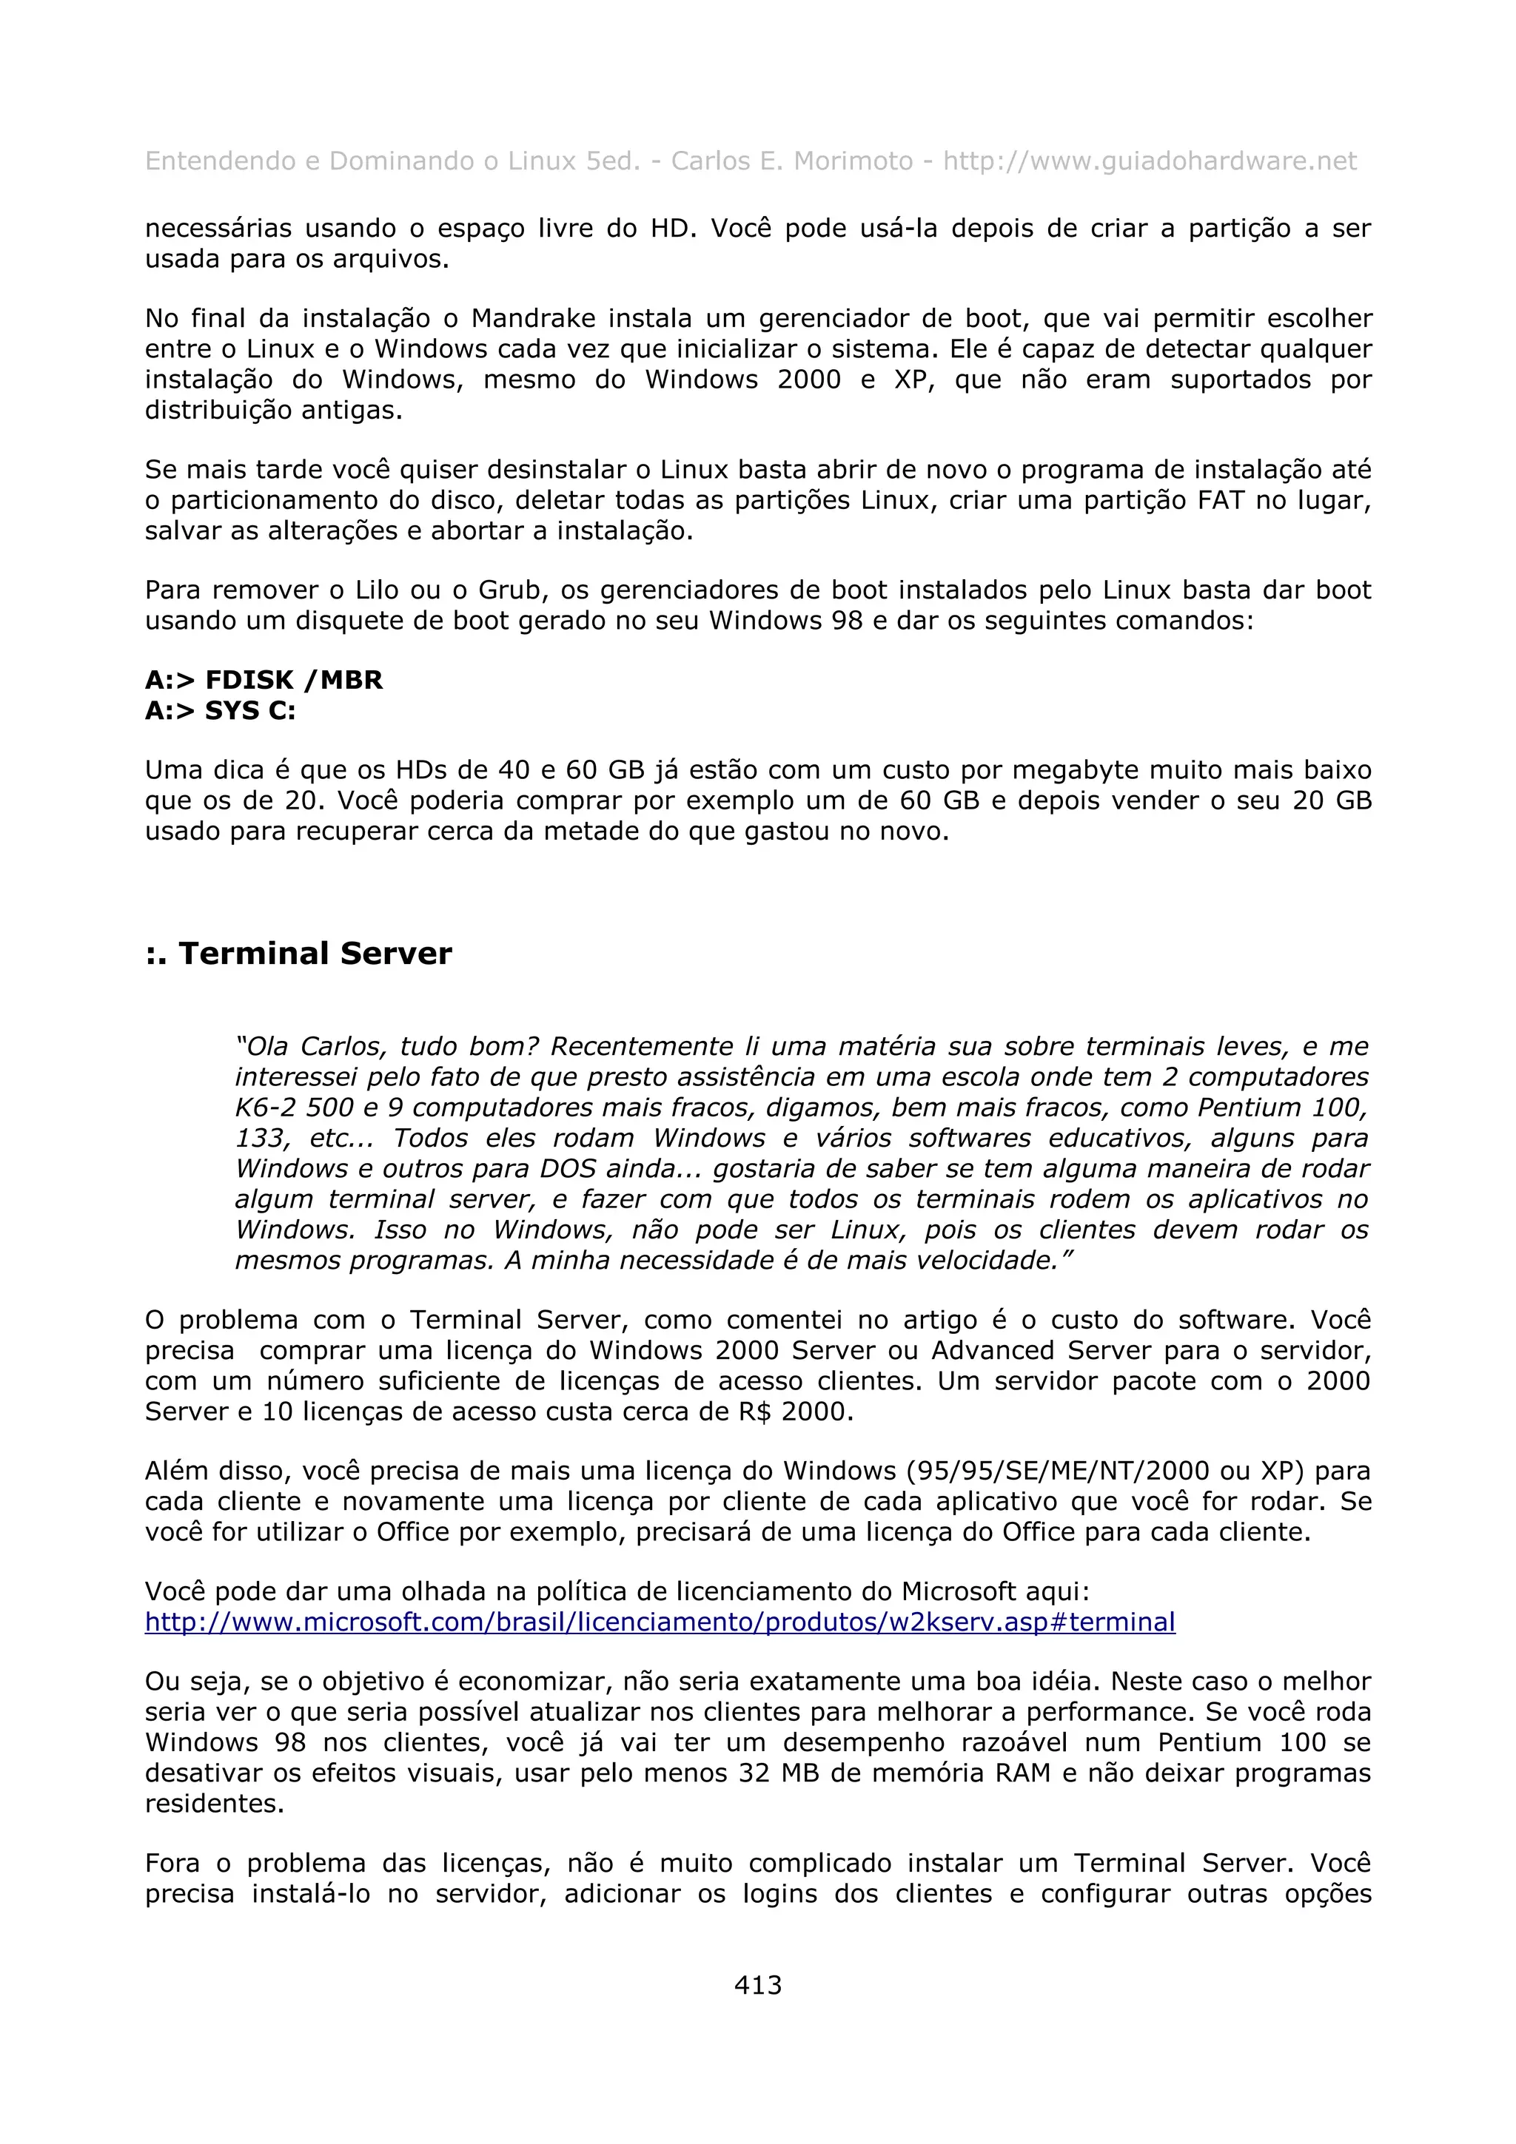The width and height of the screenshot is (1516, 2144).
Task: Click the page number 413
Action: click(757, 1984)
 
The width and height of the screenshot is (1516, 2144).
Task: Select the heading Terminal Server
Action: click(298, 954)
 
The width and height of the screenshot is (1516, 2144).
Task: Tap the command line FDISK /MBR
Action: click(264, 680)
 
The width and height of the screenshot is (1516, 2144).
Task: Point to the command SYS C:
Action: click(221, 711)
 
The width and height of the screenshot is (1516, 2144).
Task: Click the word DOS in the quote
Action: click(568, 1169)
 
